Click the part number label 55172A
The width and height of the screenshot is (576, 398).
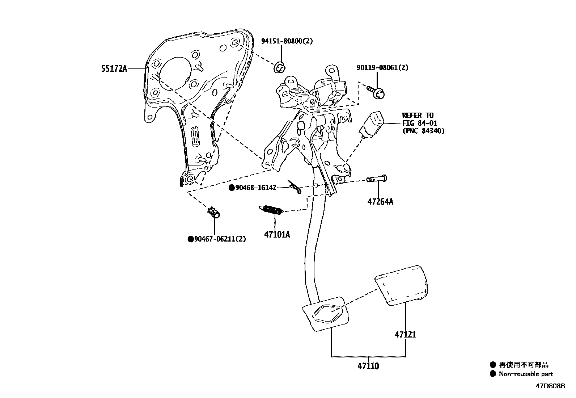(x=114, y=68)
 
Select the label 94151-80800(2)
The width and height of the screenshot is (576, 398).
(x=287, y=41)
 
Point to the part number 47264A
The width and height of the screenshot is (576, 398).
(x=380, y=201)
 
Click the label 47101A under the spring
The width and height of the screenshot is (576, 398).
(x=277, y=234)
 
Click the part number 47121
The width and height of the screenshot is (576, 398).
(x=405, y=334)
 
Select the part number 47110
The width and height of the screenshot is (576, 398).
(x=368, y=366)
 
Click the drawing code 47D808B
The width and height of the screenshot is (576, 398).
(x=550, y=386)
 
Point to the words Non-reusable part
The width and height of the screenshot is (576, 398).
(x=526, y=374)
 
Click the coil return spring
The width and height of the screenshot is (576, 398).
(x=271, y=210)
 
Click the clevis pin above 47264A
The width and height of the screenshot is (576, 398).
(x=376, y=179)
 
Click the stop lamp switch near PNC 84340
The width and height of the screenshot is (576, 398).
(x=372, y=123)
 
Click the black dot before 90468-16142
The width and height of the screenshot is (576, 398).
(x=231, y=188)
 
